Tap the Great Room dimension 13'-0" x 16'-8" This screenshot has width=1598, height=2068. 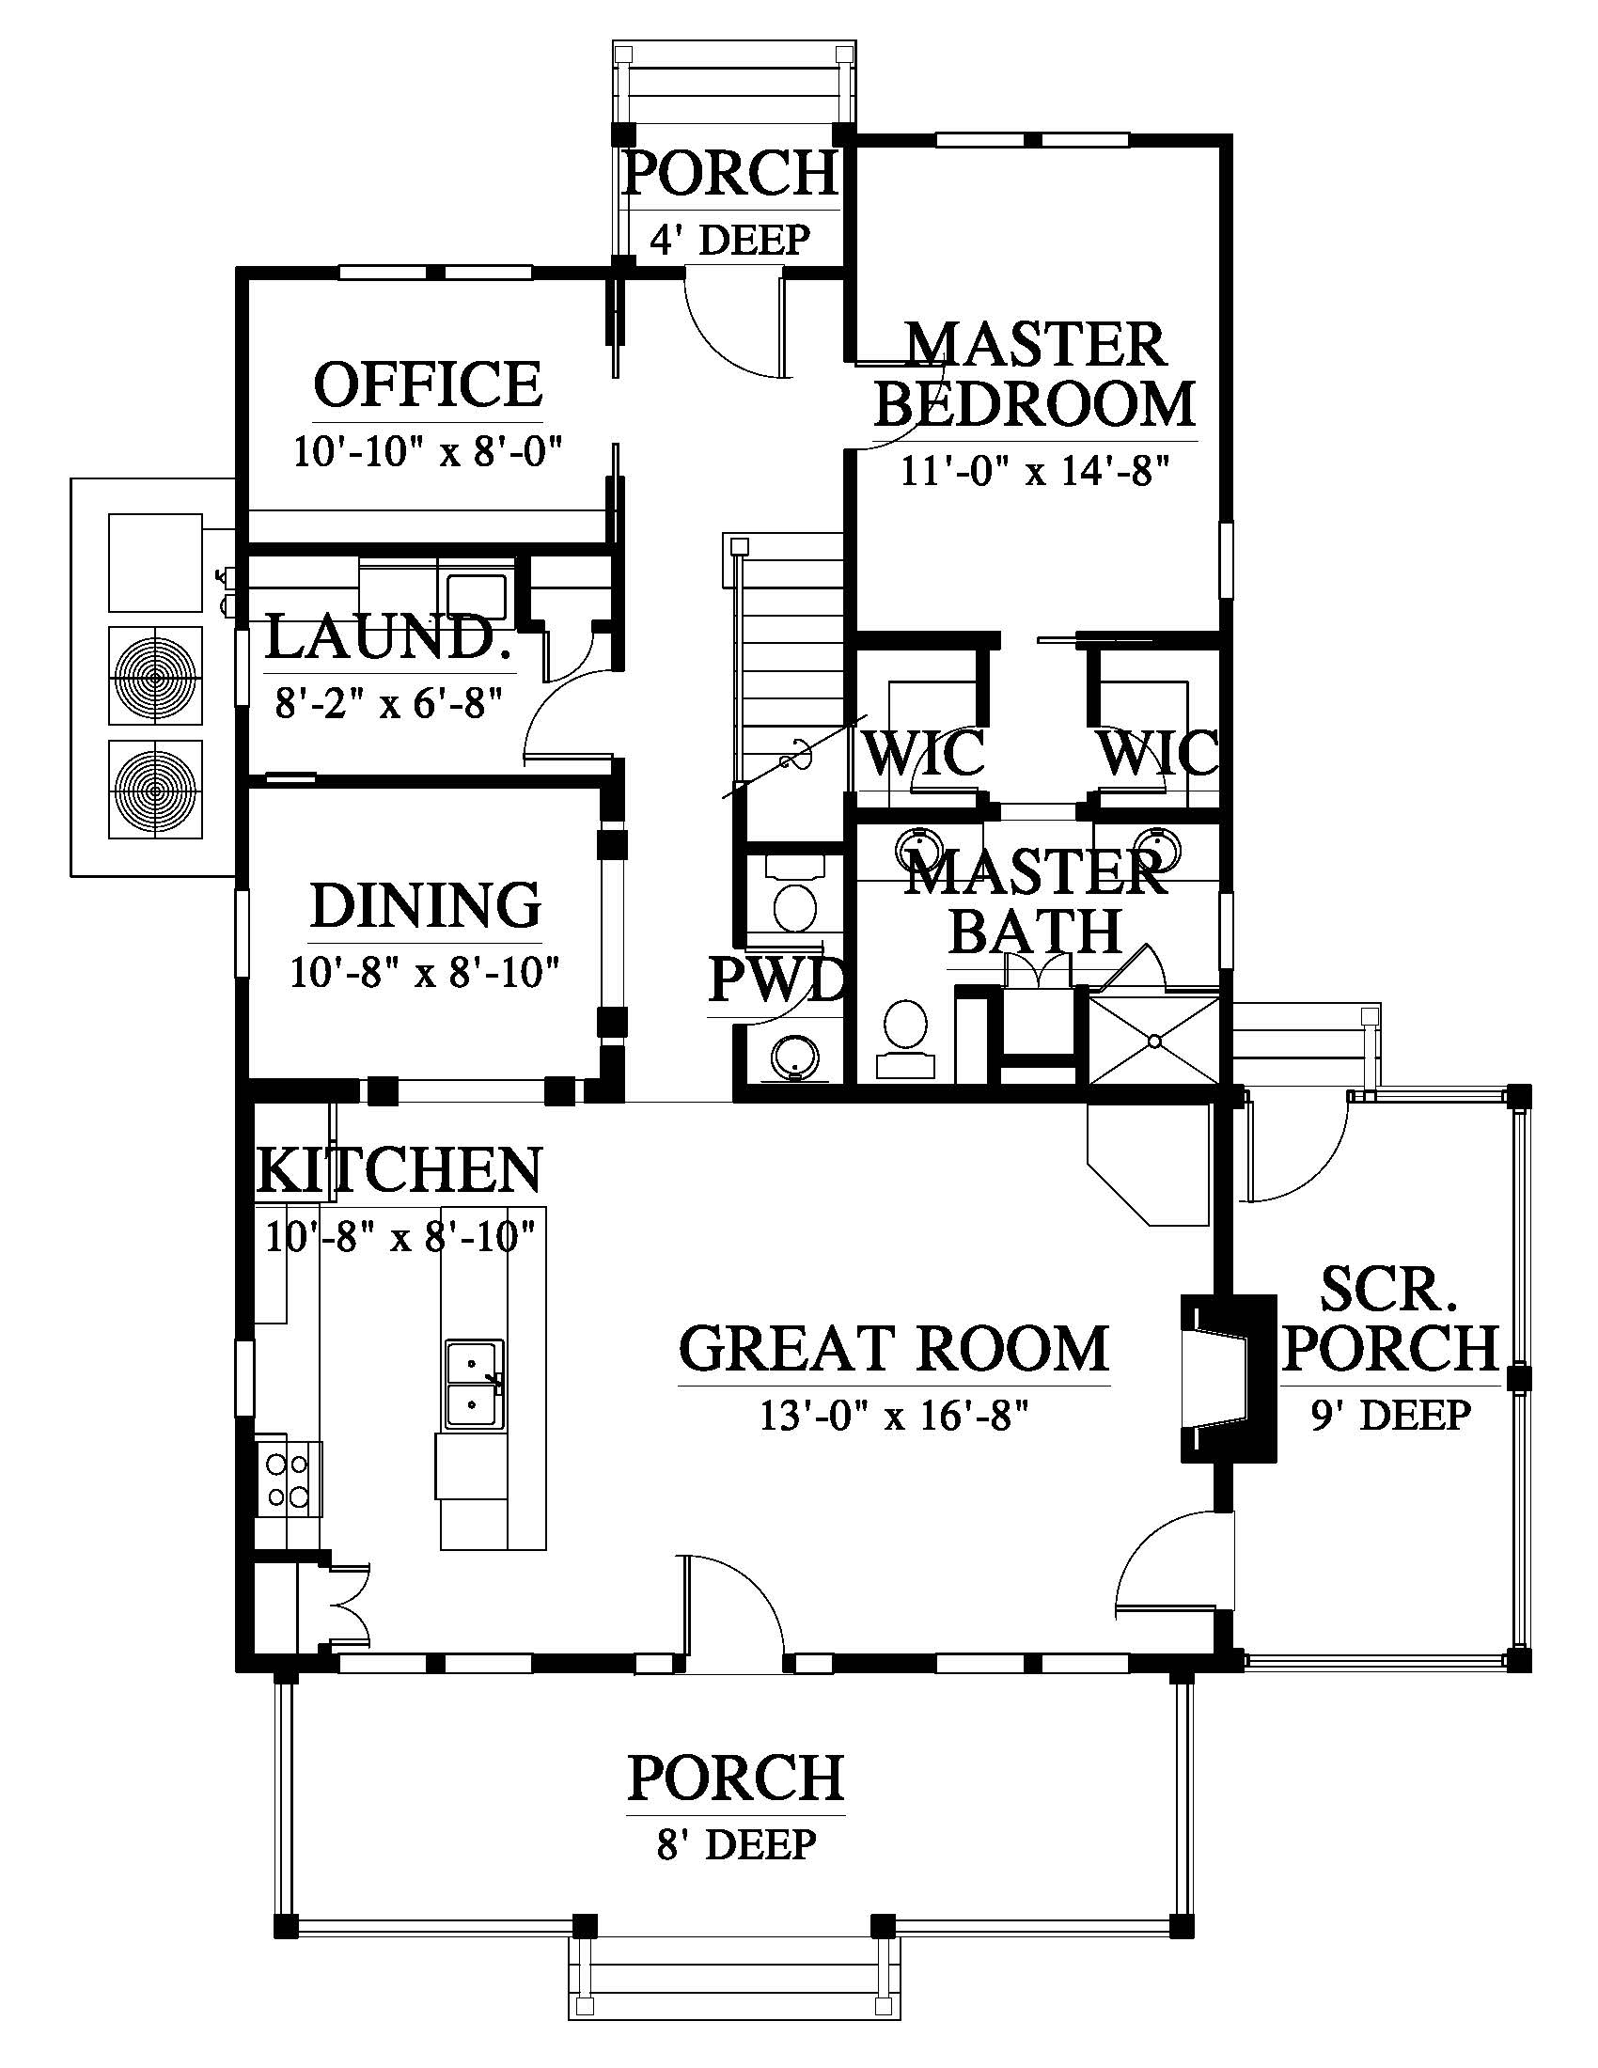coord(894,1416)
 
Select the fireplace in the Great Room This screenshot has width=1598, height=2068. coord(1228,1379)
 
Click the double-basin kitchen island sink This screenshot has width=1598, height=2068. coord(476,1384)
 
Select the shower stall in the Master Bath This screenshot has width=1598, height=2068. coord(1153,1040)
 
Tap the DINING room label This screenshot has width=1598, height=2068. coord(426,905)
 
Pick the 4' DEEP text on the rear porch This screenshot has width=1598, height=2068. coord(729,241)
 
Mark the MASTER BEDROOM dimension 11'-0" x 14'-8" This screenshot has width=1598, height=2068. coord(1035,470)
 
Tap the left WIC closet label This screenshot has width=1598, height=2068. coord(926,754)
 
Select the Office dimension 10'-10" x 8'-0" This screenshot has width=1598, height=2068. coord(428,450)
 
